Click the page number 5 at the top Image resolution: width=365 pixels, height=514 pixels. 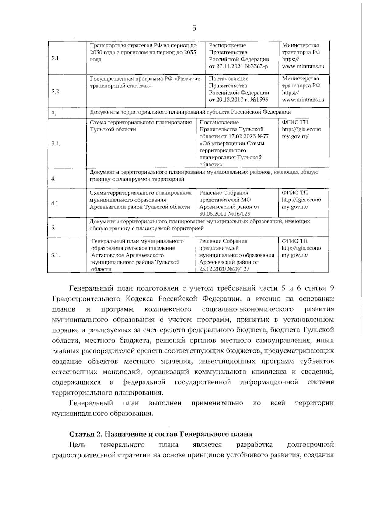pyautogui.click(x=194, y=28)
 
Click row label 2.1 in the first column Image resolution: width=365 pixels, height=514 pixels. pyautogui.click(x=55, y=58)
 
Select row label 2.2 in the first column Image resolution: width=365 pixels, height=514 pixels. pyautogui.click(x=55, y=92)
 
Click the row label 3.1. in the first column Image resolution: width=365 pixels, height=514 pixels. pyautogui.click(x=56, y=144)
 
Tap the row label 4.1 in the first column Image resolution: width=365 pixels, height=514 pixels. pyautogui.click(x=55, y=203)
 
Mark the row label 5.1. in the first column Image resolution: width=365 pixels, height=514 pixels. pyautogui.click(x=56, y=255)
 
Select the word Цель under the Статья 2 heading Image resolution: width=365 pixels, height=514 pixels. pyautogui.click(x=77, y=445)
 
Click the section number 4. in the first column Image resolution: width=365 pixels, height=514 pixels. pyautogui.click(x=54, y=179)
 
